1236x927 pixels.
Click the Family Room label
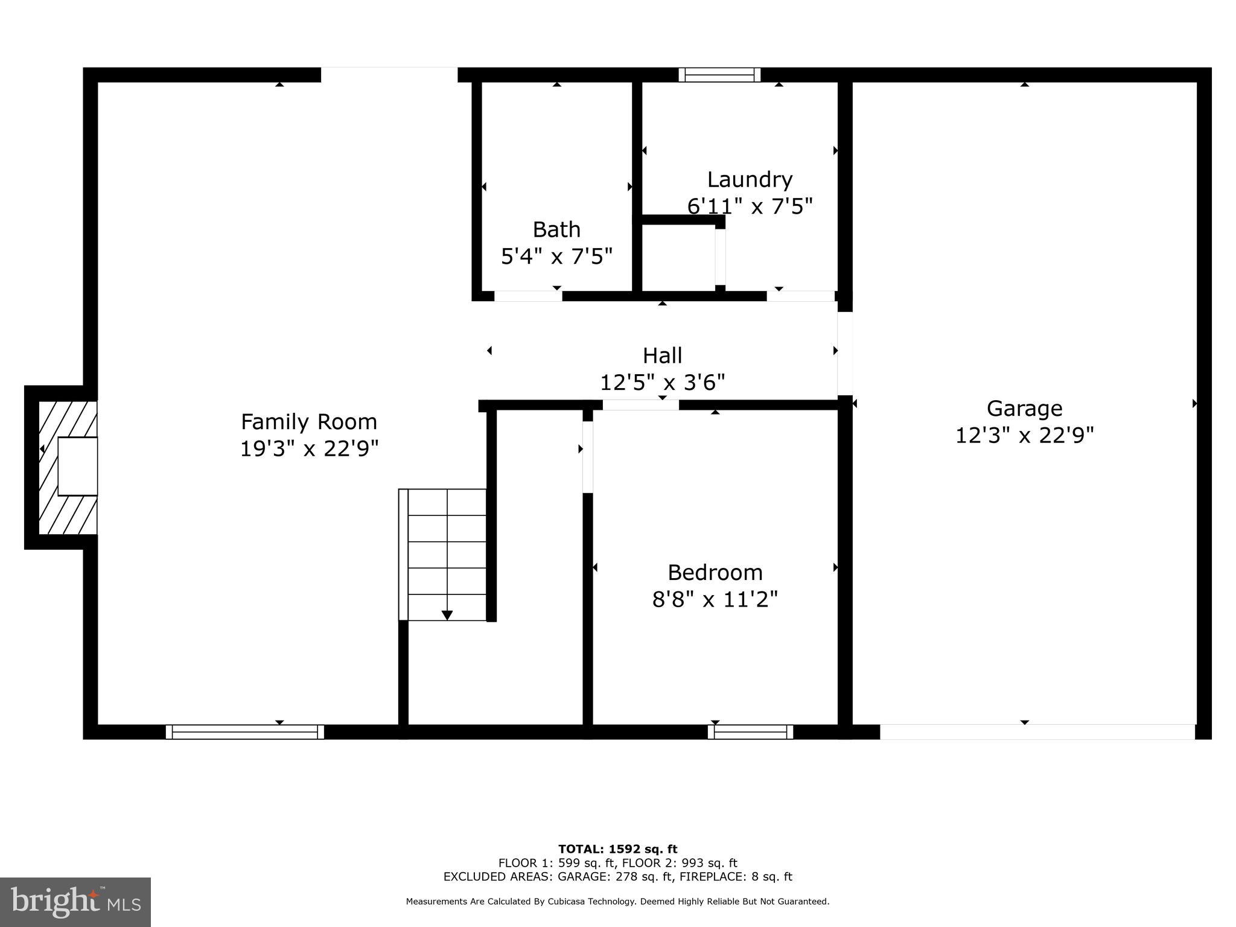click(x=309, y=421)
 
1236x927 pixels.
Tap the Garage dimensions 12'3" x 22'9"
click(x=1024, y=435)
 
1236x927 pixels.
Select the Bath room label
click(x=556, y=229)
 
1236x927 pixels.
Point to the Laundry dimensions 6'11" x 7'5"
click(x=750, y=206)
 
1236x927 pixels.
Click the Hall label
click(x=662, y=355)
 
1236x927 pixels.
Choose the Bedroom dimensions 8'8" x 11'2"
click(x=715, y=599)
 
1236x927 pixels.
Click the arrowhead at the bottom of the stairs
click(x=447, y=615)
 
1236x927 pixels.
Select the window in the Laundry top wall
click(x=719, y=75)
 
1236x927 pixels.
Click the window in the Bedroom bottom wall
click(x=750, y=731)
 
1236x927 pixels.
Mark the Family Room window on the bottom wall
click(x=244, y=731)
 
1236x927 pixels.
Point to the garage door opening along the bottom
click(x=1037, y=731)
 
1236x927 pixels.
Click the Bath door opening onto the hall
click(x=528, y=296)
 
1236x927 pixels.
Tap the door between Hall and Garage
click(x=844, y=353)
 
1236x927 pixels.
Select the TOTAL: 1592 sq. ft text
click(x=617, y=849)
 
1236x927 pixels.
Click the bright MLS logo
click(x=75, y=902)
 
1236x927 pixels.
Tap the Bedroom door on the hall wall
click(x=640, y=405)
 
